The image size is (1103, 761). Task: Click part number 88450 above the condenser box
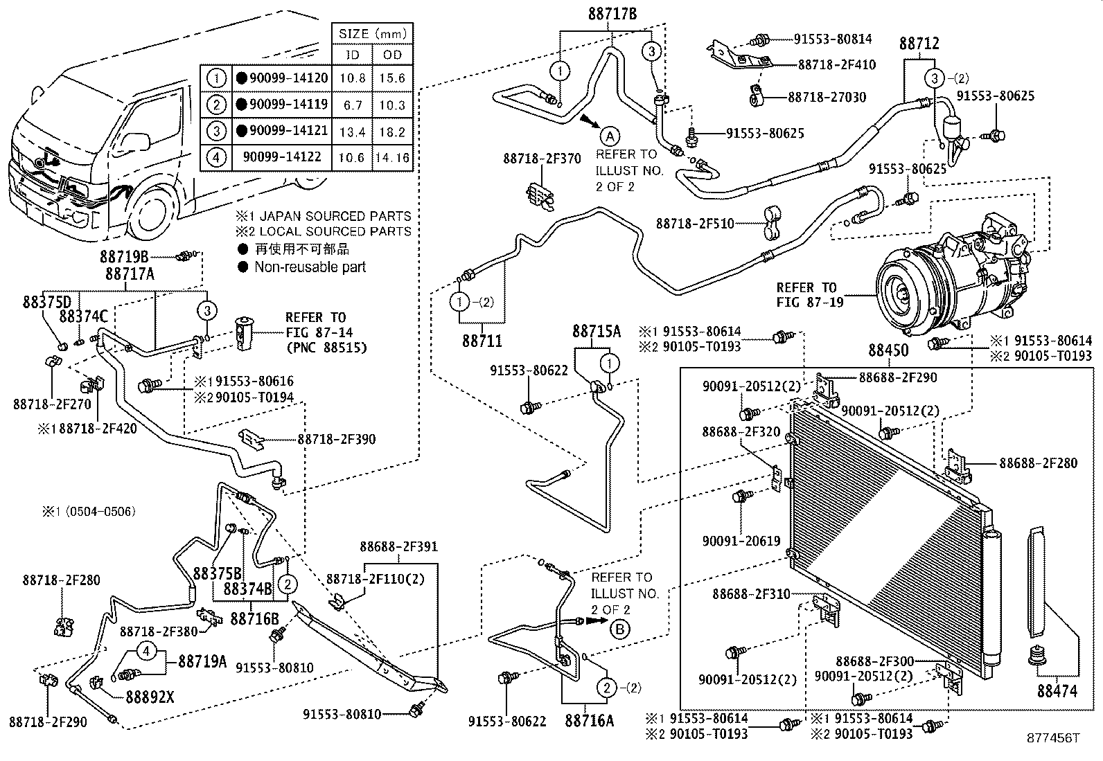888,352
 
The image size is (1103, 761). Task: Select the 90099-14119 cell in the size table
282,105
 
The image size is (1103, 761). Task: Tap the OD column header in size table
392,55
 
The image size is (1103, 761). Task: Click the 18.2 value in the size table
392,132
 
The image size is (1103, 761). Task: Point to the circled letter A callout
609,135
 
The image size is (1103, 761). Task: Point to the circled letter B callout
620,628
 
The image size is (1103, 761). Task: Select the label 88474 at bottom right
1057,690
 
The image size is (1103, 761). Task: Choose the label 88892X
150,697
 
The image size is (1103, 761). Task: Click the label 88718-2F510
695,224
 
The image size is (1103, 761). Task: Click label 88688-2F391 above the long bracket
398,547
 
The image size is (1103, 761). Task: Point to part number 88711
482,341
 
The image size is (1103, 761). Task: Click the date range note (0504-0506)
88,512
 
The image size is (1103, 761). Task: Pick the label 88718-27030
827,97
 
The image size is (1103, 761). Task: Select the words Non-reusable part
310,267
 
